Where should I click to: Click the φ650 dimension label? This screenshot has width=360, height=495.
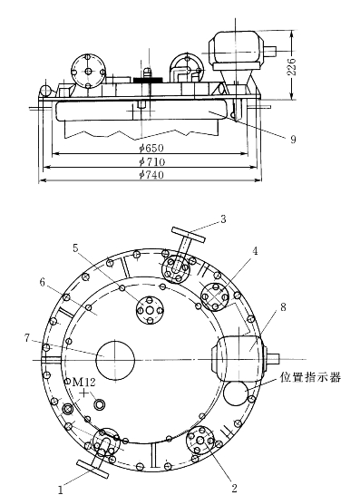click(x=151, y=148)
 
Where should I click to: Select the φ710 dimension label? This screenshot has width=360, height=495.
click(x=152, y=162)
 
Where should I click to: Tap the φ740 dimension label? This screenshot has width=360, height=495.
click(x=151, y=175)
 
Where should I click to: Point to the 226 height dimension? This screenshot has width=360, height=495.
click(x=292, y=66)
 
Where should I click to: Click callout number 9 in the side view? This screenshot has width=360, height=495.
click(x=293, y=139)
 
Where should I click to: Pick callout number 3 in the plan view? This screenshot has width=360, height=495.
click(x=223, y=219)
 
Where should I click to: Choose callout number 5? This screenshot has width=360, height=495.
click(x=75, y=248)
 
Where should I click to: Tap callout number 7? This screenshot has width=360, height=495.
click(x=27, y=338)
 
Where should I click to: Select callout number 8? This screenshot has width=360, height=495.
click(x=283, y=306)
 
